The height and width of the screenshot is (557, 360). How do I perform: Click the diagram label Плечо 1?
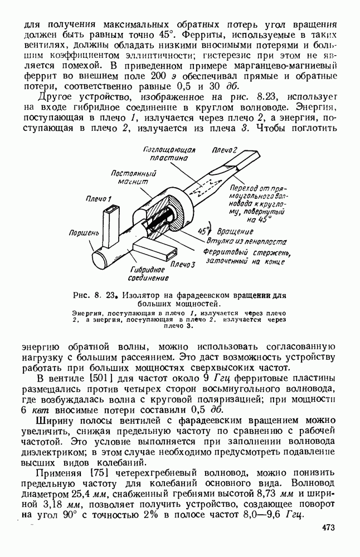coord(99,199)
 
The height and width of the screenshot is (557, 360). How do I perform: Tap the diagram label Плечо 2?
coord(225,150)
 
